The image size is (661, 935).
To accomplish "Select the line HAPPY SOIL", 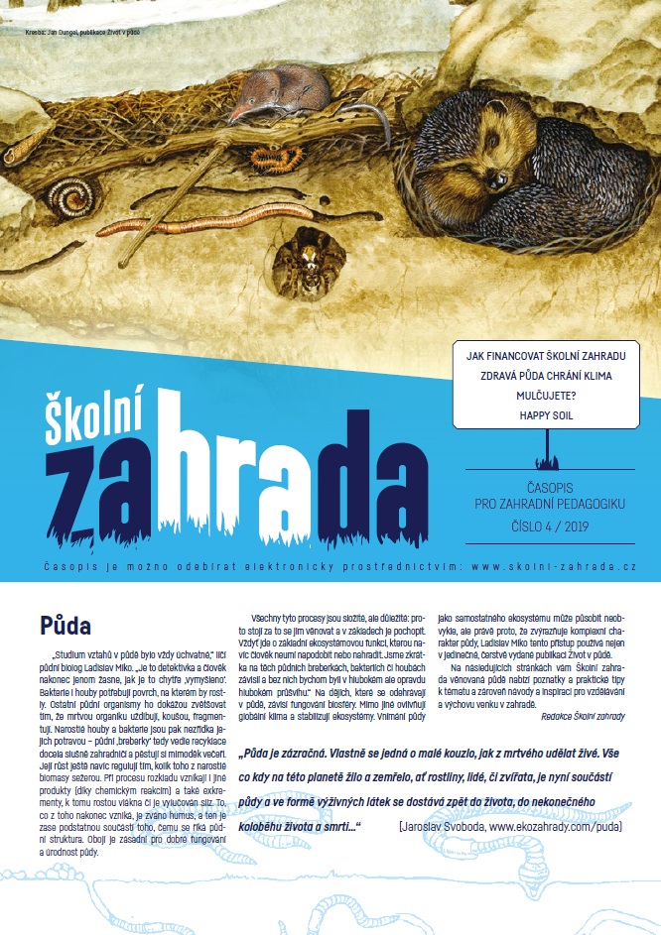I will point(546,415).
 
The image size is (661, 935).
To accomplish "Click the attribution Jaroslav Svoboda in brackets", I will point(511,796).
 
